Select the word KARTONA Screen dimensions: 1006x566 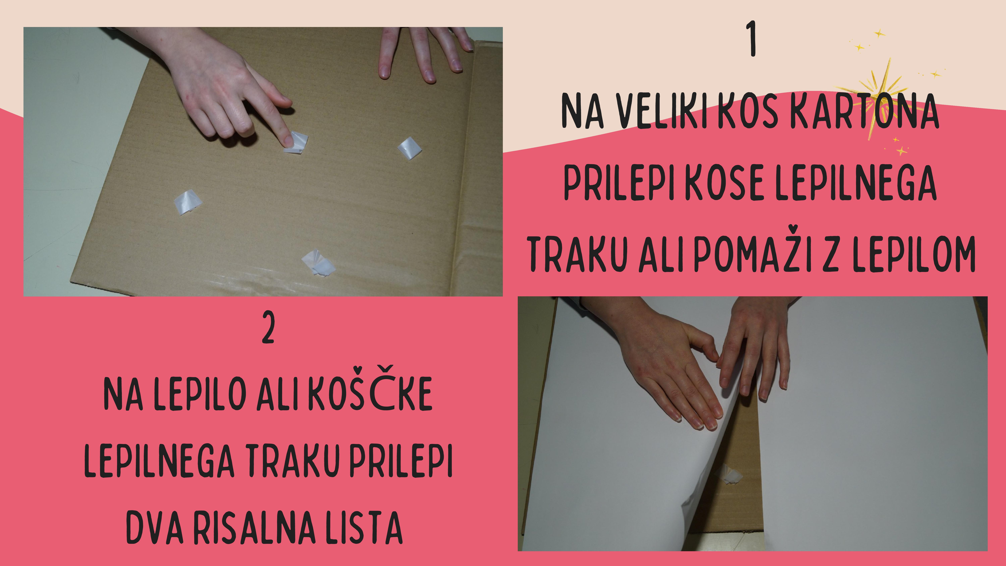coord(865,111)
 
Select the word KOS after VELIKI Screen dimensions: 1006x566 coord(749,111)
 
